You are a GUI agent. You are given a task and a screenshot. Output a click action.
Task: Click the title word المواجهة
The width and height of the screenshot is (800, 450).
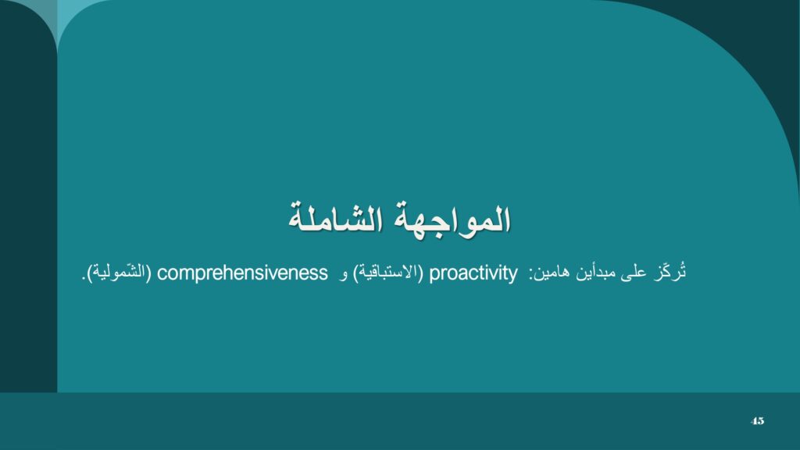pos(452,220)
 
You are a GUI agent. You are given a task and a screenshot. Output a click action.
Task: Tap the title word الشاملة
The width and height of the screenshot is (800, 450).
pos(336,219)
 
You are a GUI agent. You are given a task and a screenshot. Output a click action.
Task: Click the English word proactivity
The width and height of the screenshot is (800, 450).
pos(473,273)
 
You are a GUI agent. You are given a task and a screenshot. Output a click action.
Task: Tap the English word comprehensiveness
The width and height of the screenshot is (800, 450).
pos(242,273)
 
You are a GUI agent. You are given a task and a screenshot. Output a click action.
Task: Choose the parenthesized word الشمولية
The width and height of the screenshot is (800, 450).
pos(119,273)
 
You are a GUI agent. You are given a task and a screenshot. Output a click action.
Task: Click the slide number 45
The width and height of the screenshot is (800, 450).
pos(757,421)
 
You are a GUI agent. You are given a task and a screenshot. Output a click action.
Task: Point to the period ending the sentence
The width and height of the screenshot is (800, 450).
pos(83,279)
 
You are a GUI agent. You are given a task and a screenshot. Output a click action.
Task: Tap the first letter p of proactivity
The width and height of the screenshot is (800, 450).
pos(434,275)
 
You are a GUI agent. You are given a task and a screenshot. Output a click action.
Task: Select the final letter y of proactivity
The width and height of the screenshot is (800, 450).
pos(512,276)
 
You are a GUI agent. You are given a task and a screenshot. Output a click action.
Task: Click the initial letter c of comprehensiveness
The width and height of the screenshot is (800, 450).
pos(161,274)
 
